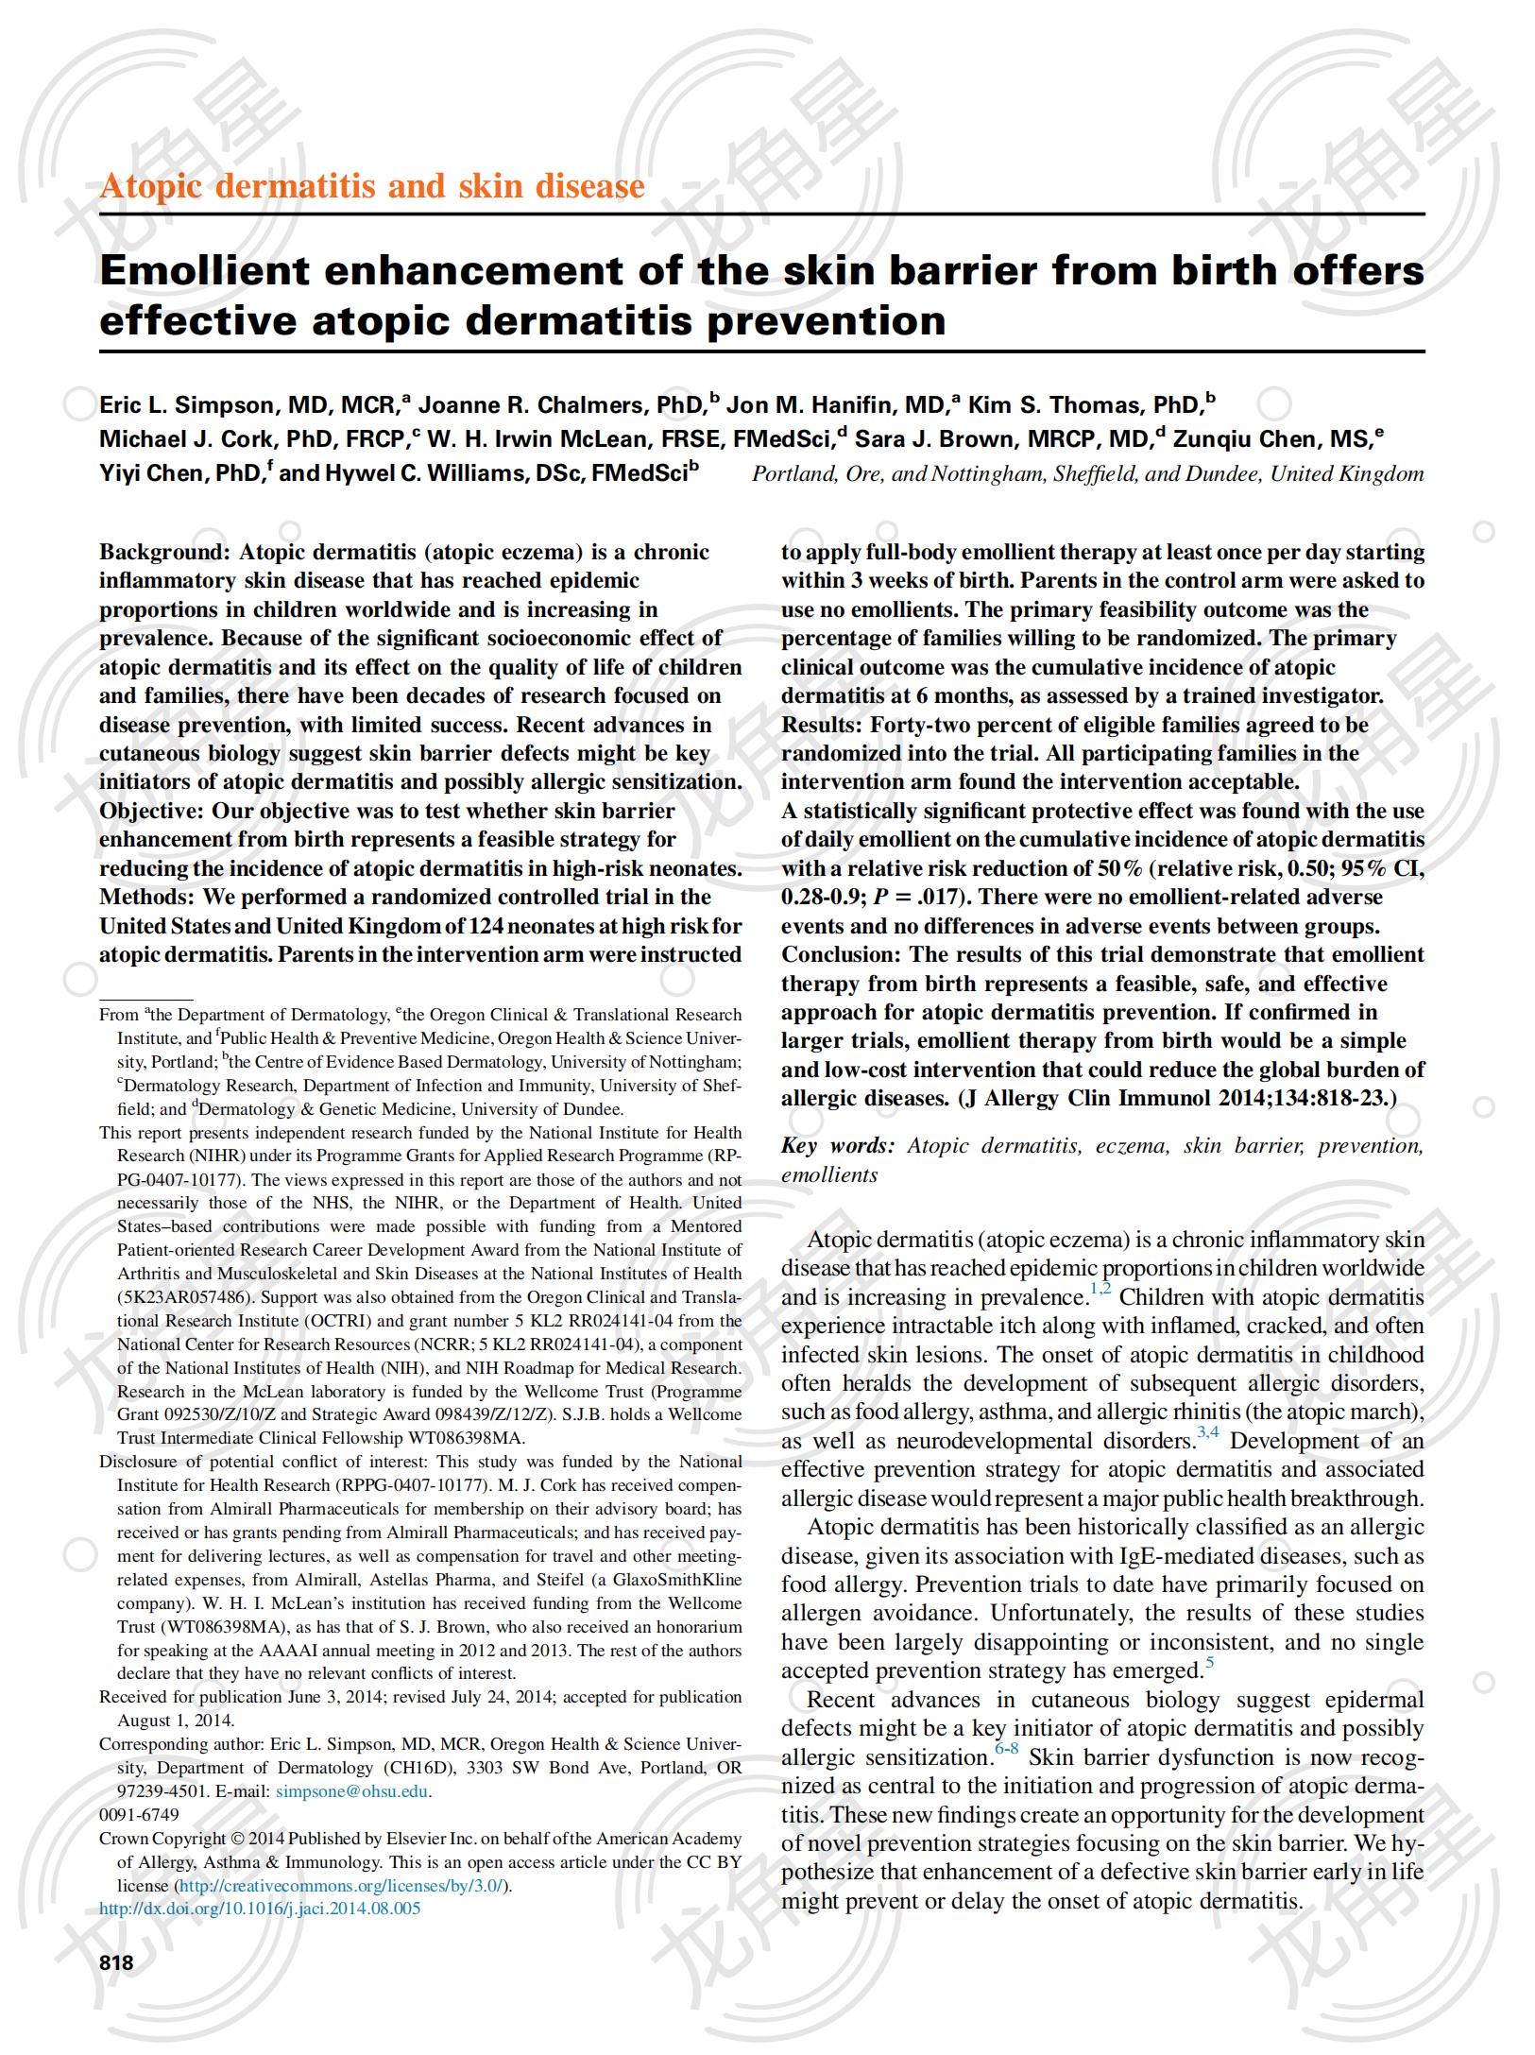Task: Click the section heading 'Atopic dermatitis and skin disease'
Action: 372,186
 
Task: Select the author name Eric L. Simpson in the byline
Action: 186,405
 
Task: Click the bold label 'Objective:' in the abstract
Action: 152,811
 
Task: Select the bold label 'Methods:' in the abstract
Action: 146,897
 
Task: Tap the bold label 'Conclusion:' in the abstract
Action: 842,954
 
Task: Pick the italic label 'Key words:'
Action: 837,1146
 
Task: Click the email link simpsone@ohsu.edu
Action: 352,1790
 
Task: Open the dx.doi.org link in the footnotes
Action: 260,1908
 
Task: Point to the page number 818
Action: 116,1963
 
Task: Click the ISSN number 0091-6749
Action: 139,1814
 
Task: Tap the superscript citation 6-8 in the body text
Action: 1006,1751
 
